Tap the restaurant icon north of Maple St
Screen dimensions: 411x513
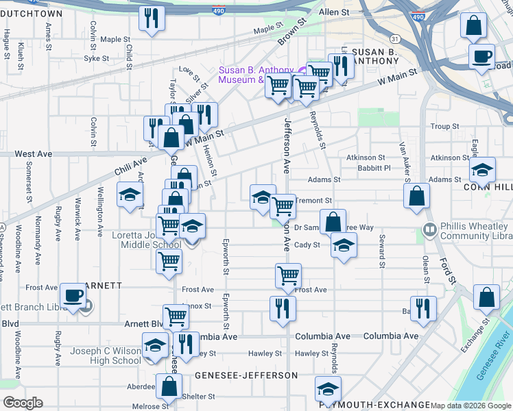(152, 18)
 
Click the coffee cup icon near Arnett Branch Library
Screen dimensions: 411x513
(72, 296)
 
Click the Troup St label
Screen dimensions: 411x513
(444, 127)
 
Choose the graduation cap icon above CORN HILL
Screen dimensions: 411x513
(483, 169)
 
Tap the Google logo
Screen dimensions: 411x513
(23, 403)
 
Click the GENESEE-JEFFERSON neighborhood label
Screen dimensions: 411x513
(246, 375)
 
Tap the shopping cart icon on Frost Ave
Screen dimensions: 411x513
(289, 275)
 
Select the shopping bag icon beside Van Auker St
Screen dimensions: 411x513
(416, 196)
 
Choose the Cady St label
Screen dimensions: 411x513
(307, 245)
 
